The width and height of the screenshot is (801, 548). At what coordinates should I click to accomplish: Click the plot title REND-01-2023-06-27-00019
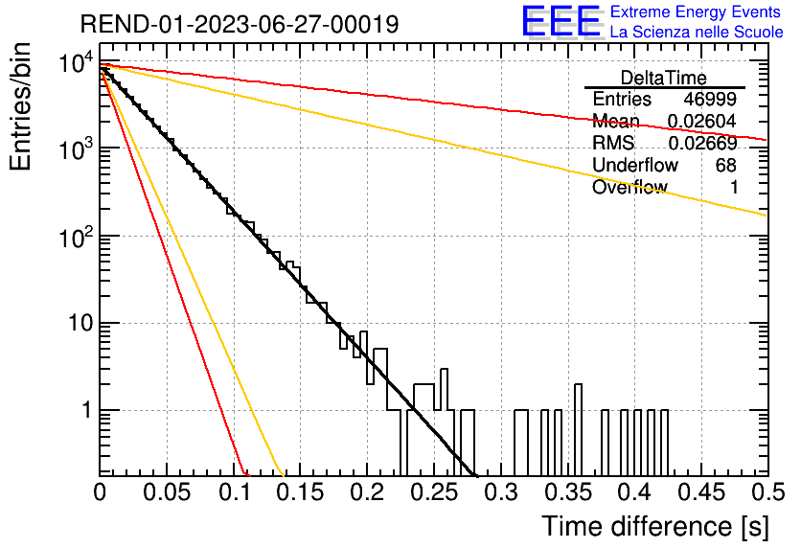click(x=240, y=24)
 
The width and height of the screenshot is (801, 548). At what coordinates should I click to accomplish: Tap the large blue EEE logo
click(x=561, y=21)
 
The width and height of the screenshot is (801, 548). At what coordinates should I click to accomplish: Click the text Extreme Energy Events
click(x=696, y=11)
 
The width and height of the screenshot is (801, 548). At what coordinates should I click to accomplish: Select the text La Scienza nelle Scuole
click(x=697, y=32)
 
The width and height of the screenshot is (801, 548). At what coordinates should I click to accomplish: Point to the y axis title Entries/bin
click(x=20, y=106)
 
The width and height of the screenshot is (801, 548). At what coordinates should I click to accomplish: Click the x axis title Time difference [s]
click(x=655, y=526)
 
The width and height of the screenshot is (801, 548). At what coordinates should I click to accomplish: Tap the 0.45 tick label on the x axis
click(x=701, y=492)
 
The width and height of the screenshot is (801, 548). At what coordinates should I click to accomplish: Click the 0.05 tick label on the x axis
click(x=167, y=492)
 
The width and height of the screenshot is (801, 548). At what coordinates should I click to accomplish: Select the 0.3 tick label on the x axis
click(x=501, y=492)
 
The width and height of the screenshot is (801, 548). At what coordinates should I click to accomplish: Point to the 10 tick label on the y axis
click(x=80, y=323)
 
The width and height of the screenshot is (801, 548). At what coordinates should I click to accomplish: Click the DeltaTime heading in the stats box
click(x=664, y=78)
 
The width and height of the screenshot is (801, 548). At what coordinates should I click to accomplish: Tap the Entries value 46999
click(x=710, y=99)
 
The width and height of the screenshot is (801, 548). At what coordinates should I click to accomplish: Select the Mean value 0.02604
click(x=702, y=121)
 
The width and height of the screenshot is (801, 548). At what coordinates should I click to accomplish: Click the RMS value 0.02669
click(x=703, y=143)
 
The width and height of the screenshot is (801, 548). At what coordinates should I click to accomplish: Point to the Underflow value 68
click(x=726, y=165)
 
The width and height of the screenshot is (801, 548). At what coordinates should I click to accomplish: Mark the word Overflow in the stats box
click(x=629, y=188)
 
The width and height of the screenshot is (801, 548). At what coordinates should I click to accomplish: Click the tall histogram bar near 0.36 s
click(x=578, y=430)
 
